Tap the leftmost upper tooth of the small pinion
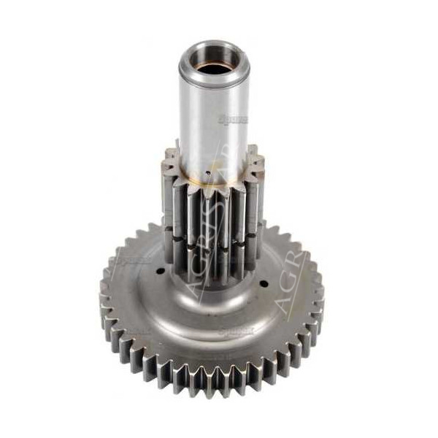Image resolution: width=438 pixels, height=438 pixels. coord(169,157)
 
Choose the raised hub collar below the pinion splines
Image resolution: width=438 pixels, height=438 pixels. coord(212,281)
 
